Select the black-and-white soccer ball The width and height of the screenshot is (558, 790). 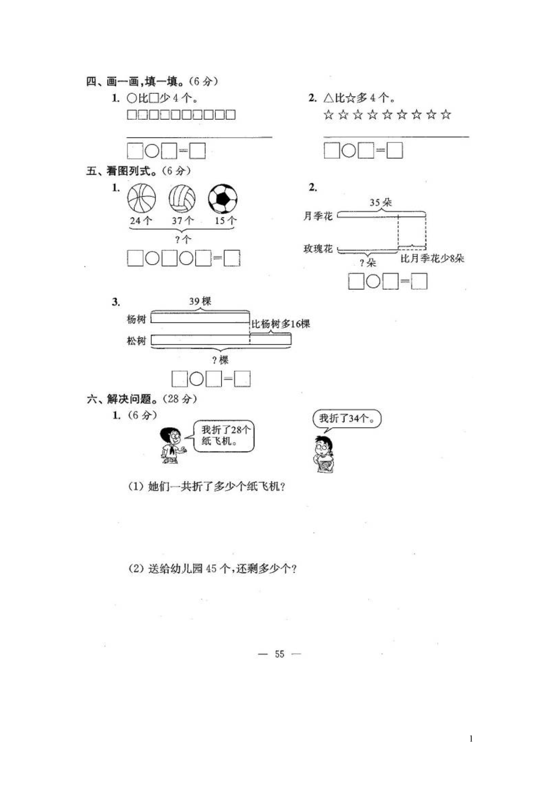tap(223, 199)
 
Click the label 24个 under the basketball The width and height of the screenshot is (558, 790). tap(141, 221)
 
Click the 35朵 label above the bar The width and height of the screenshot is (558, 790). tap(381, 202)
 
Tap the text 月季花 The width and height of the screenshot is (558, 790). tap(318, 216)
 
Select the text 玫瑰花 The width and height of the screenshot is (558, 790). tap(318, 248)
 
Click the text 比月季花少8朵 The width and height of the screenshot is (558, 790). tap(432, 258)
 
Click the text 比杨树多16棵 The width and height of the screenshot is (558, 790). tap(281, 324)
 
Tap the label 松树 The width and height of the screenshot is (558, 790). tap(137, 341)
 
